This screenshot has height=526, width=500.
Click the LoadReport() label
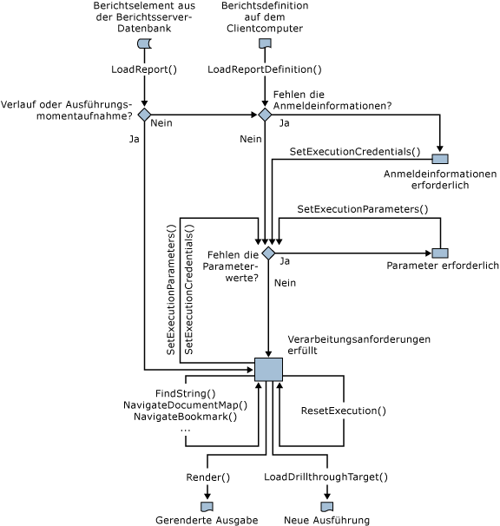(144, 69)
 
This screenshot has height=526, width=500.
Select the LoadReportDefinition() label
(265, 69)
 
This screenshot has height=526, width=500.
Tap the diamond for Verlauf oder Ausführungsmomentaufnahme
(144, 115)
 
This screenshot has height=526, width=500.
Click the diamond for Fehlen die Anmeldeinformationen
(265, 115)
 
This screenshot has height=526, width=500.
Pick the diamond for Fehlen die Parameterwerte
(269, 253)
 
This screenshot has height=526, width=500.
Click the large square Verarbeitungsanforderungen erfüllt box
(268, 369)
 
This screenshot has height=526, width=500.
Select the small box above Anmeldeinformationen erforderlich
(440, 159)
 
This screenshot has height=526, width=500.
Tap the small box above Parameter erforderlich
(440, 253)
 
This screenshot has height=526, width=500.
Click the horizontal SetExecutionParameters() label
(363, 209)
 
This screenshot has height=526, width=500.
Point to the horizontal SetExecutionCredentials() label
(354, 151)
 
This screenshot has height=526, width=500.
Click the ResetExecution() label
(343, 411)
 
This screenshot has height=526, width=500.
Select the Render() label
(208, 477)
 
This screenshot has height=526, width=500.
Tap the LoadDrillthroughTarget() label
(326, 477)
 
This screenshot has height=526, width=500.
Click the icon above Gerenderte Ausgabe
(207, 506)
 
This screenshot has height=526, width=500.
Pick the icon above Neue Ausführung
(327, 506)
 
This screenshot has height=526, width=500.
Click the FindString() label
(185, 393)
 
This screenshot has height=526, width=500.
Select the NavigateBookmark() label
(185, 417)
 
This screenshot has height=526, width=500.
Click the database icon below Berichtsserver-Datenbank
(144, 44)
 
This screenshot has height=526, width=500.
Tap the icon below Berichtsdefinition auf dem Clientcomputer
(265, 44)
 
